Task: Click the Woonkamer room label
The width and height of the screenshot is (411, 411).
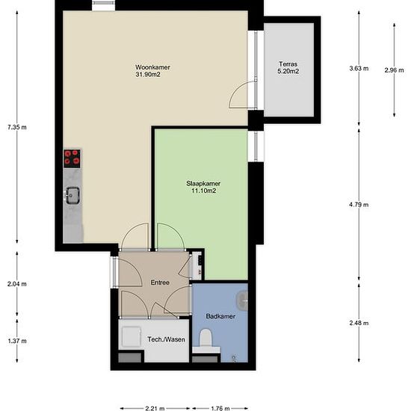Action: [x=152, y=67]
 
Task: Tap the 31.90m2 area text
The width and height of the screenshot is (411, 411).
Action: [x=148, y=75]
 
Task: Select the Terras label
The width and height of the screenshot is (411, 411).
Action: [x=288, y=64]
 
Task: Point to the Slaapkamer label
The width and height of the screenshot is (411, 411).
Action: [x=203, y=184]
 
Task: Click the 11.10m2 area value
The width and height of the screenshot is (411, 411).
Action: [x=204, y=191]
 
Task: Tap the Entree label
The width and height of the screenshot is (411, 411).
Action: [x=160, y=282]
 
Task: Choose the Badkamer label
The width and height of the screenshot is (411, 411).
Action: [x=220, y=316]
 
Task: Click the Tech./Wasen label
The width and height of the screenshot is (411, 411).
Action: [x=166, y=339]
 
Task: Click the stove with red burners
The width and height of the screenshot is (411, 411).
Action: [x=72, y=158]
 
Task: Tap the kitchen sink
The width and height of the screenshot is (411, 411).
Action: [x=72, y=196]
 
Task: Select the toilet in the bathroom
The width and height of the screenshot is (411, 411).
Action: [x=206, y=339]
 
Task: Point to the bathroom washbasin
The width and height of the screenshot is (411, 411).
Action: [x=242, y=300]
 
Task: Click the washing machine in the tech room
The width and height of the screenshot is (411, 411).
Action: [x=131, y=337]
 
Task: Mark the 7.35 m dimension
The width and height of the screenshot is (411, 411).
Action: [x=17, y=127]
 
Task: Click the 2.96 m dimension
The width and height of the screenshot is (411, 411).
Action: [x=394, y=70]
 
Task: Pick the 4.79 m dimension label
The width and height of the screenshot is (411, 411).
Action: [x=359, y=205]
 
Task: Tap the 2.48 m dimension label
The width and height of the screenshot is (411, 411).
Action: [x=359, y=323]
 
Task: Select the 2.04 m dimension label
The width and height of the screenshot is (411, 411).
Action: [x=17, y=284]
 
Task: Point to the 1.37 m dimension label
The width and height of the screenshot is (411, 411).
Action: [x=17, y=341]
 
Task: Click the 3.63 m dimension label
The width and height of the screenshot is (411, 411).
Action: [x=359, y=69]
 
